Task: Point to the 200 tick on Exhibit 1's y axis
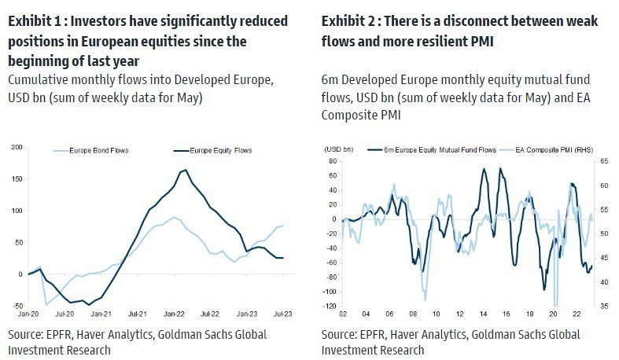[x=16, y=147]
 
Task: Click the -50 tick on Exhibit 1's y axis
[x=16, y=305]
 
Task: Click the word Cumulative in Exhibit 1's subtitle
[x=36, y=79]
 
